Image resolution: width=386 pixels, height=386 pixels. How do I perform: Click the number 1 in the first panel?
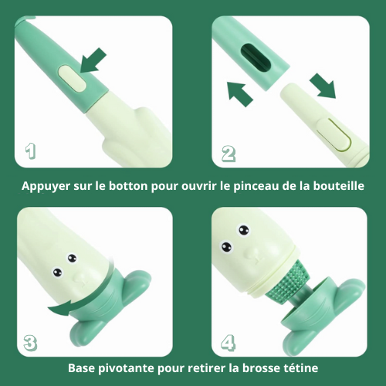click(x=31, y=151)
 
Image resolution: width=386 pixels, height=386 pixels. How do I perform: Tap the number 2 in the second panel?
click(x=229, y=154)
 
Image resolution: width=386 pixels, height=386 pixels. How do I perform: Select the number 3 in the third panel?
click(x=30, y=343)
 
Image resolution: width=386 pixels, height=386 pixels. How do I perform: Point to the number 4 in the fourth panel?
click(x=228, y=343)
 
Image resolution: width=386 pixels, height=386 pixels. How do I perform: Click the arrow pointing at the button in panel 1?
click(x=93, y=60)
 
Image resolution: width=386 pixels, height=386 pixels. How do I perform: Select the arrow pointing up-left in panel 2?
click(x=240, y=93)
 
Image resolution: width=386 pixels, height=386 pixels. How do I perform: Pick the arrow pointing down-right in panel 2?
click(x=323, y=86)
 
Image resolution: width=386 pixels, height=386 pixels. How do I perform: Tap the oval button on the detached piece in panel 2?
click(x=334, y=134)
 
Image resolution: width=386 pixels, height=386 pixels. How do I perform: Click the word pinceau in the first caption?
click(x=256, y=187)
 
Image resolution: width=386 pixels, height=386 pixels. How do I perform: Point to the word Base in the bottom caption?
click(x=82, y=368)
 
